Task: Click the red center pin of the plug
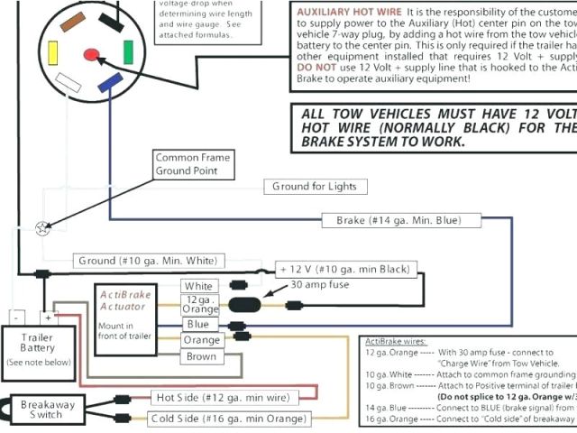92,55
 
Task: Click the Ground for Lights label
316,187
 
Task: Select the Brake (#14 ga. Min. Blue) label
398,220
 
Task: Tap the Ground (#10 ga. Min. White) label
148,261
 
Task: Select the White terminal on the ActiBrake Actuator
199,287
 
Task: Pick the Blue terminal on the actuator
199,325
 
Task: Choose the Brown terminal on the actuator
202,356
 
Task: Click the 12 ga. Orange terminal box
200,305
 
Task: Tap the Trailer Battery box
37,349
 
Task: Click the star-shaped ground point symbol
41,229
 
